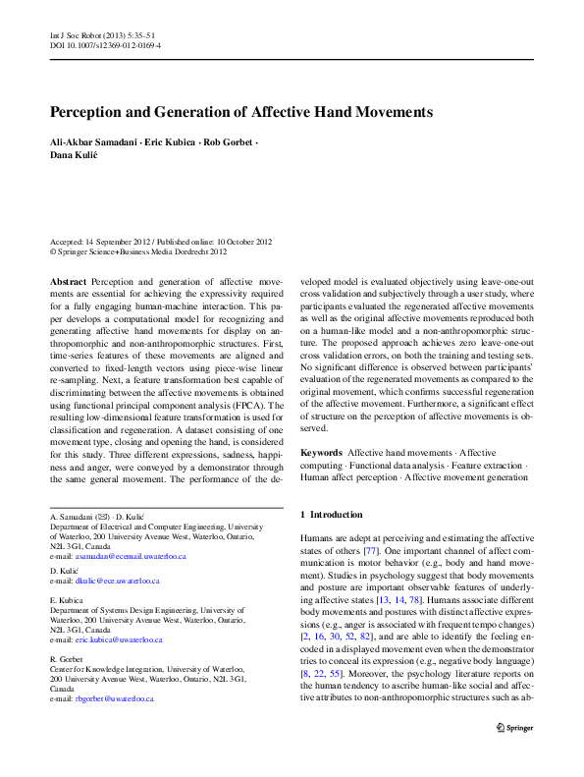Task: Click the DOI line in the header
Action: tap(105, 45)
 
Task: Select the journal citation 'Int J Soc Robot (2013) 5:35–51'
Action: tap(106, 33)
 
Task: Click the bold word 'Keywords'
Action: tap(320, 452)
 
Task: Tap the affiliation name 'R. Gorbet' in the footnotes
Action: tap(67, 658)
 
